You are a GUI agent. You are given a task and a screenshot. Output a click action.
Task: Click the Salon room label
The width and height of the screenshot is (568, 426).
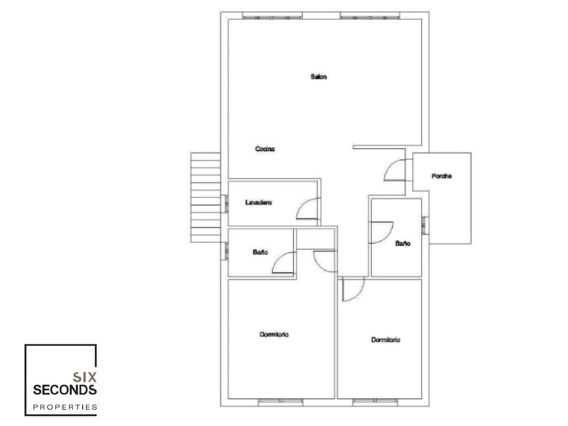click(319, 76)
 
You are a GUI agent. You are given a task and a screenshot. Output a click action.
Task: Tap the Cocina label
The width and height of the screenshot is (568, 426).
click(265, 149)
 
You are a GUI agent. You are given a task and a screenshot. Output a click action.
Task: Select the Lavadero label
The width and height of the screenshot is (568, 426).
click(259, 201)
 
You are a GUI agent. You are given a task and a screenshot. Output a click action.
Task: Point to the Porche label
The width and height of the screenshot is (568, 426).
click(442, 176)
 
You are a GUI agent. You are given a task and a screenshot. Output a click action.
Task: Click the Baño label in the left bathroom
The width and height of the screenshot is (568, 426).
click(260, 253)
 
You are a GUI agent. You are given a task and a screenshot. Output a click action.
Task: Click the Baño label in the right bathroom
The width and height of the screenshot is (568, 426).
click(402, 243)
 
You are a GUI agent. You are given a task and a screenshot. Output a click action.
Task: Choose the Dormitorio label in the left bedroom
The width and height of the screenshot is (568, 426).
click(274, 335)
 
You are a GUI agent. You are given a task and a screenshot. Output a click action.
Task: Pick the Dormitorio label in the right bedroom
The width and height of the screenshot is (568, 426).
click(385, 339)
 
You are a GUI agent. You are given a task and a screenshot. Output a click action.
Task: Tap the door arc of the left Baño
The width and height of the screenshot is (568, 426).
click(283, 263)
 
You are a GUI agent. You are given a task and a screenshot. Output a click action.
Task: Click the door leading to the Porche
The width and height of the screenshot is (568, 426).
click(395, 171)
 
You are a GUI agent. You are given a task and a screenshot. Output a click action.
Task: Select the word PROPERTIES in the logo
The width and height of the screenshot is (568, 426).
click(66, 407)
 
